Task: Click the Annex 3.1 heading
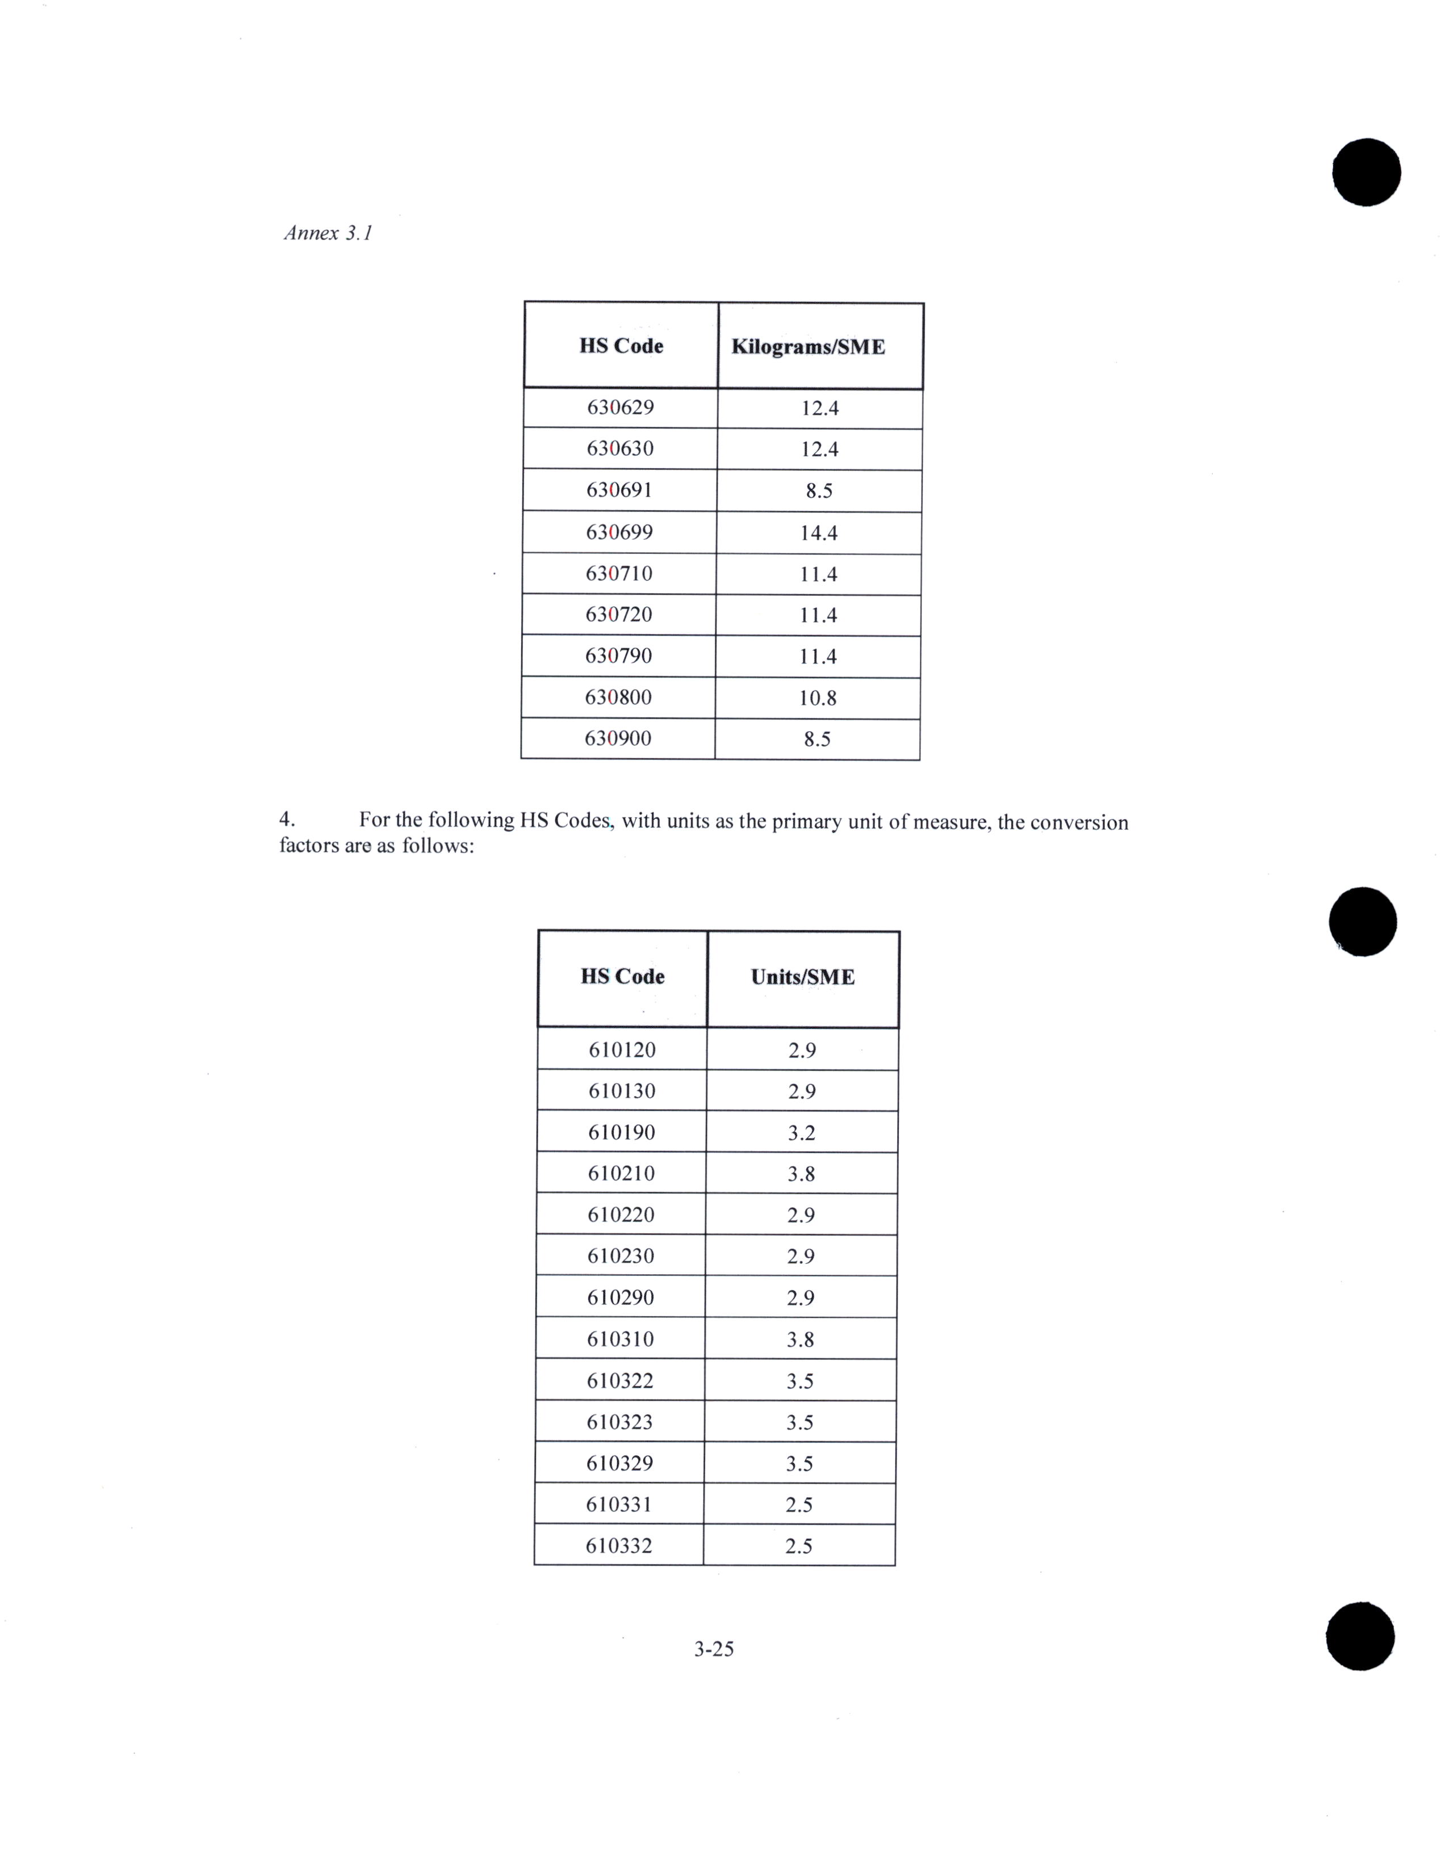328,233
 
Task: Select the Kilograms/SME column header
808,347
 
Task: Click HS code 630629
620,408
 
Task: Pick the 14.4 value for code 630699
818,533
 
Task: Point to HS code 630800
618,698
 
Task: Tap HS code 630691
619,490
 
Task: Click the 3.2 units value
801,1133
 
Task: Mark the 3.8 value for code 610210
801,1174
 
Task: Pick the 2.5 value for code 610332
798,1547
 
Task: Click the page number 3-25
714,1649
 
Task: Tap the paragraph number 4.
287,820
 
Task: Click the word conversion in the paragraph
1079,822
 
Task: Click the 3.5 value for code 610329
799,1464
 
